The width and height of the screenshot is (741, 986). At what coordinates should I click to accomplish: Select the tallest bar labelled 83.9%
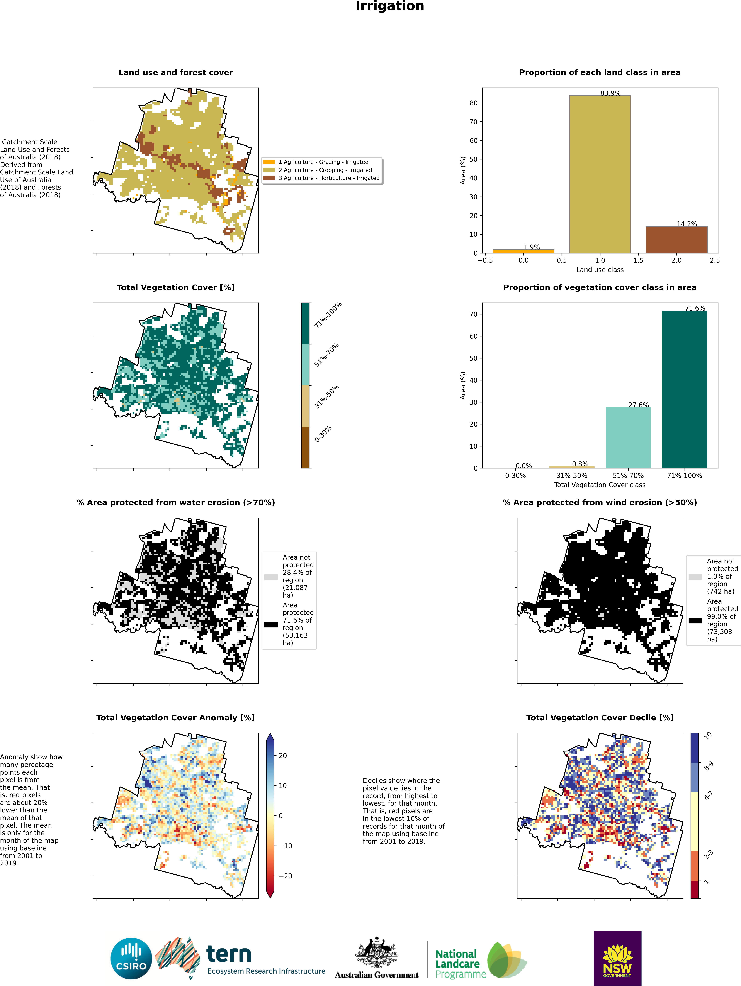click(x=600, y=174)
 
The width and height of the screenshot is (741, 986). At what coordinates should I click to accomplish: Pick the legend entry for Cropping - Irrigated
click(x=325, y=170)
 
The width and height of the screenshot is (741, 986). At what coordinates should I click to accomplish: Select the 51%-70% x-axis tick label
click(x=628, y=476)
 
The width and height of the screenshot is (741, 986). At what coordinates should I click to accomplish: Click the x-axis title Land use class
click(x=600, y=270)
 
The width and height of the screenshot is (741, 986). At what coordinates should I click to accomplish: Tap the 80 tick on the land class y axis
click(x=473, y=103)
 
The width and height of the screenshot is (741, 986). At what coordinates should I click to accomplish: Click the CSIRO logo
click(x=131, y=958)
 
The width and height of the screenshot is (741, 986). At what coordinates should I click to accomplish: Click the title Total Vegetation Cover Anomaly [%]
click(x=176, y=718)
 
